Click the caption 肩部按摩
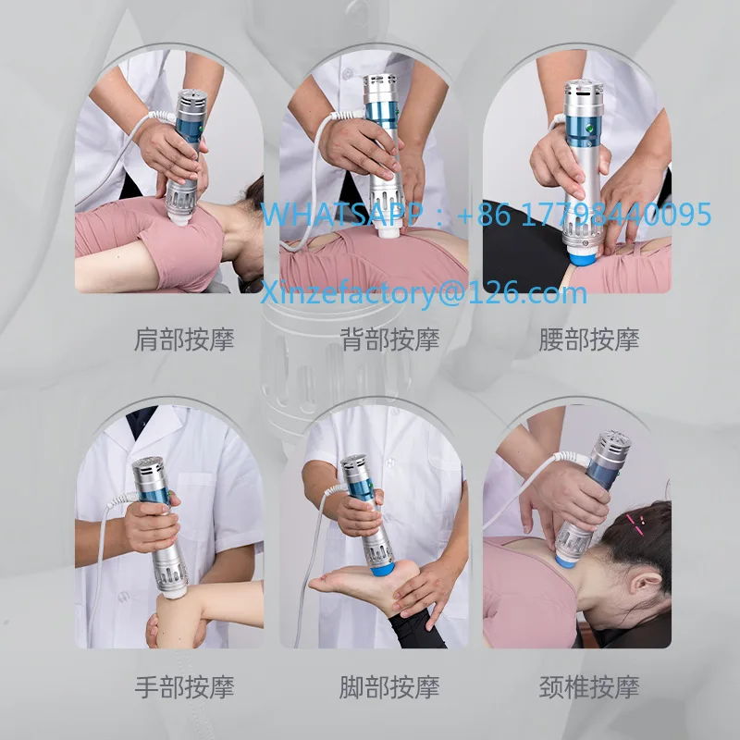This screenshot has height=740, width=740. [184, 339]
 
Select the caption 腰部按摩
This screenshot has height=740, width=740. [589, 339]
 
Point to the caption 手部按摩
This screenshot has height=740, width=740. [184, 687]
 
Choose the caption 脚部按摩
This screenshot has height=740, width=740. [388, 687]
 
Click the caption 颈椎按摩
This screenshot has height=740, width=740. [589, 687]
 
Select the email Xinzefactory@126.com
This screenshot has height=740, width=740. [423, 293]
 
